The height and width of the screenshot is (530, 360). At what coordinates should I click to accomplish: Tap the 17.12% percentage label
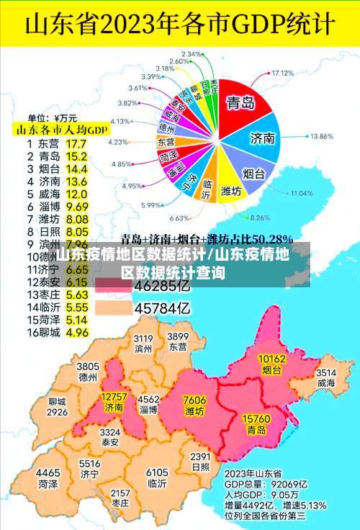click(x=283, y=73)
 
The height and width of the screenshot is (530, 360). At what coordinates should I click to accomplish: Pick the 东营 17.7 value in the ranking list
click(x=76, y=143)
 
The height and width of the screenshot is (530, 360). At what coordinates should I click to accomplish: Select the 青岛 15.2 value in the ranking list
click(x=76, y=156)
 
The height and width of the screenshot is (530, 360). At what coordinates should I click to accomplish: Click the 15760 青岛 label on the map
click(x=256, y=423)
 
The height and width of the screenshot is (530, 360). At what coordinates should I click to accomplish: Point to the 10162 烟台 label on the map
click(x=271, y=364)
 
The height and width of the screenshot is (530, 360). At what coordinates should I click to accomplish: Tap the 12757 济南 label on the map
click(x=114, y=402)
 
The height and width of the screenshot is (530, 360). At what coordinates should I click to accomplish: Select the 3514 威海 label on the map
click(x=326, y=377)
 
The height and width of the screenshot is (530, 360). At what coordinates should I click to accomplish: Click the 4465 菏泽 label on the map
click(x=48, y=479)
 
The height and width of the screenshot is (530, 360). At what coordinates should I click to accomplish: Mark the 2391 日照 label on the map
click(x=201, y=462)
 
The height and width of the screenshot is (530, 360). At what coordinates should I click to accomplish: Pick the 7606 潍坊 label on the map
click(x=194, y=405)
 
